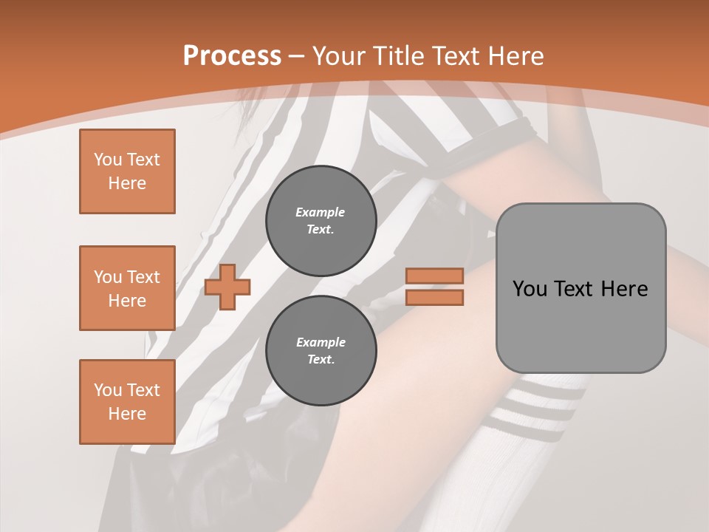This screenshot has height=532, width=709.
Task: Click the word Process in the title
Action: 232,56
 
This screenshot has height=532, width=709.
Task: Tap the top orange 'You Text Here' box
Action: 127,171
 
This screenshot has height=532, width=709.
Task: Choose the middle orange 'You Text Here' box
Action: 127,288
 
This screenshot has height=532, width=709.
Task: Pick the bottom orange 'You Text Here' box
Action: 127,402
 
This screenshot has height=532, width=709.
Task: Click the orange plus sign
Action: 227,287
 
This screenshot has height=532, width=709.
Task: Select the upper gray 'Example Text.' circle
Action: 321,221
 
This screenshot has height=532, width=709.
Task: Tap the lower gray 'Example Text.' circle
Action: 321,351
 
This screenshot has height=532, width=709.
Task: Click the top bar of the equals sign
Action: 435,276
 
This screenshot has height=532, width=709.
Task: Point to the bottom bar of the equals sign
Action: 435,298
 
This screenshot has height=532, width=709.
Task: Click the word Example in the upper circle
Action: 321,212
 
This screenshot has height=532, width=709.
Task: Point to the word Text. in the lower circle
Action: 321,360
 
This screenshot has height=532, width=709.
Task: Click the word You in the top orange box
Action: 107,160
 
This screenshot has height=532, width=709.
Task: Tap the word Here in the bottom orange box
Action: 127,414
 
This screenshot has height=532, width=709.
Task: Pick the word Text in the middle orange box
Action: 143,277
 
